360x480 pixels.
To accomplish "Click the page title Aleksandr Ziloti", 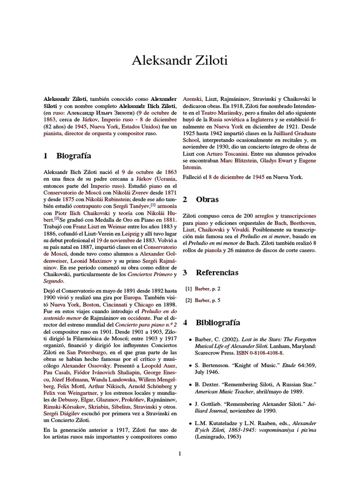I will point(180,60).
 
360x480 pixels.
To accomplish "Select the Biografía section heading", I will point(74,156).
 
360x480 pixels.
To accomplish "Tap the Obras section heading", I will point(207,199).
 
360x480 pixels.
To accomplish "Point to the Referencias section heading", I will point(217,272).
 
